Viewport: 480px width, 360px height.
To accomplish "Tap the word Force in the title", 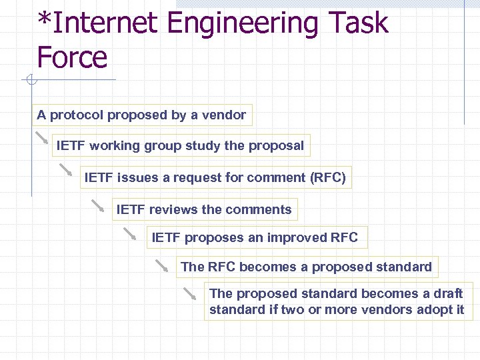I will (72, 57).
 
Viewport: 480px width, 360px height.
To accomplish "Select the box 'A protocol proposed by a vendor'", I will (141, 115).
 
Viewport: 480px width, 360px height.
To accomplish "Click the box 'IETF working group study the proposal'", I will (180, 146).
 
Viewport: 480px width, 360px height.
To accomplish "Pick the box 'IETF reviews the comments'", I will (204, 210).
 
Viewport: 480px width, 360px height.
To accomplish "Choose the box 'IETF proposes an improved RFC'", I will (255, 238).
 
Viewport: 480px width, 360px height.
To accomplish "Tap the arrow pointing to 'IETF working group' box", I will (42, 137).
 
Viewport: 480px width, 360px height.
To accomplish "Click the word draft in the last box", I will (449, 294).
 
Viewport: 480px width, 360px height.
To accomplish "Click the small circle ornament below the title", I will (30, 81).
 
